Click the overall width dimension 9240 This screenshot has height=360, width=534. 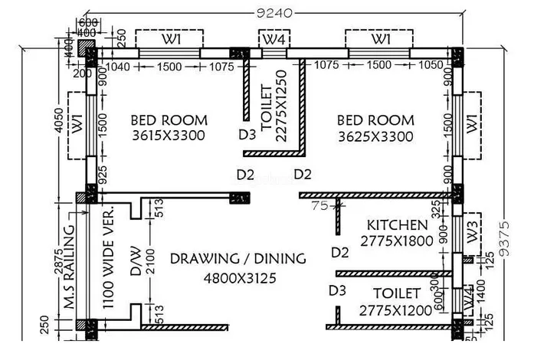(274, 13)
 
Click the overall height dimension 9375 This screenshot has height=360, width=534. (505, 238)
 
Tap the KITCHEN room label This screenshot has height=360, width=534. (398, 225)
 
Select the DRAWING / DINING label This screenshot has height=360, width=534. (238, 259)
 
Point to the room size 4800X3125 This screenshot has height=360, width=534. (240, 278)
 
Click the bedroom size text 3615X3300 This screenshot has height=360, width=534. (169, 136)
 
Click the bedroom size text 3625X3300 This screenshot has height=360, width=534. (375, 136)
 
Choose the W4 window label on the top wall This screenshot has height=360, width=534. (274, 40)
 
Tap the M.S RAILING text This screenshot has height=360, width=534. (70, 267)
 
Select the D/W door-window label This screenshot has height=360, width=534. (136, 261)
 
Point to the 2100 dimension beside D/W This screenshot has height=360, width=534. (150, 261)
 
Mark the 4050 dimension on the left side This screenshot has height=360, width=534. (59, 120)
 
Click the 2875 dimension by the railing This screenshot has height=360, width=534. (58, 261)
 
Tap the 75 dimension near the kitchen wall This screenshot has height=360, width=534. (319, 205)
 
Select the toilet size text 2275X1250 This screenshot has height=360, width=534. (281, 106)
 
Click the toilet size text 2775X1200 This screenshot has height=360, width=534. (396, 311)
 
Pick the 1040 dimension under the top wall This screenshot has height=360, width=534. (118, 67)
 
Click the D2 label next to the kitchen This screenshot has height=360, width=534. (340, 253)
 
